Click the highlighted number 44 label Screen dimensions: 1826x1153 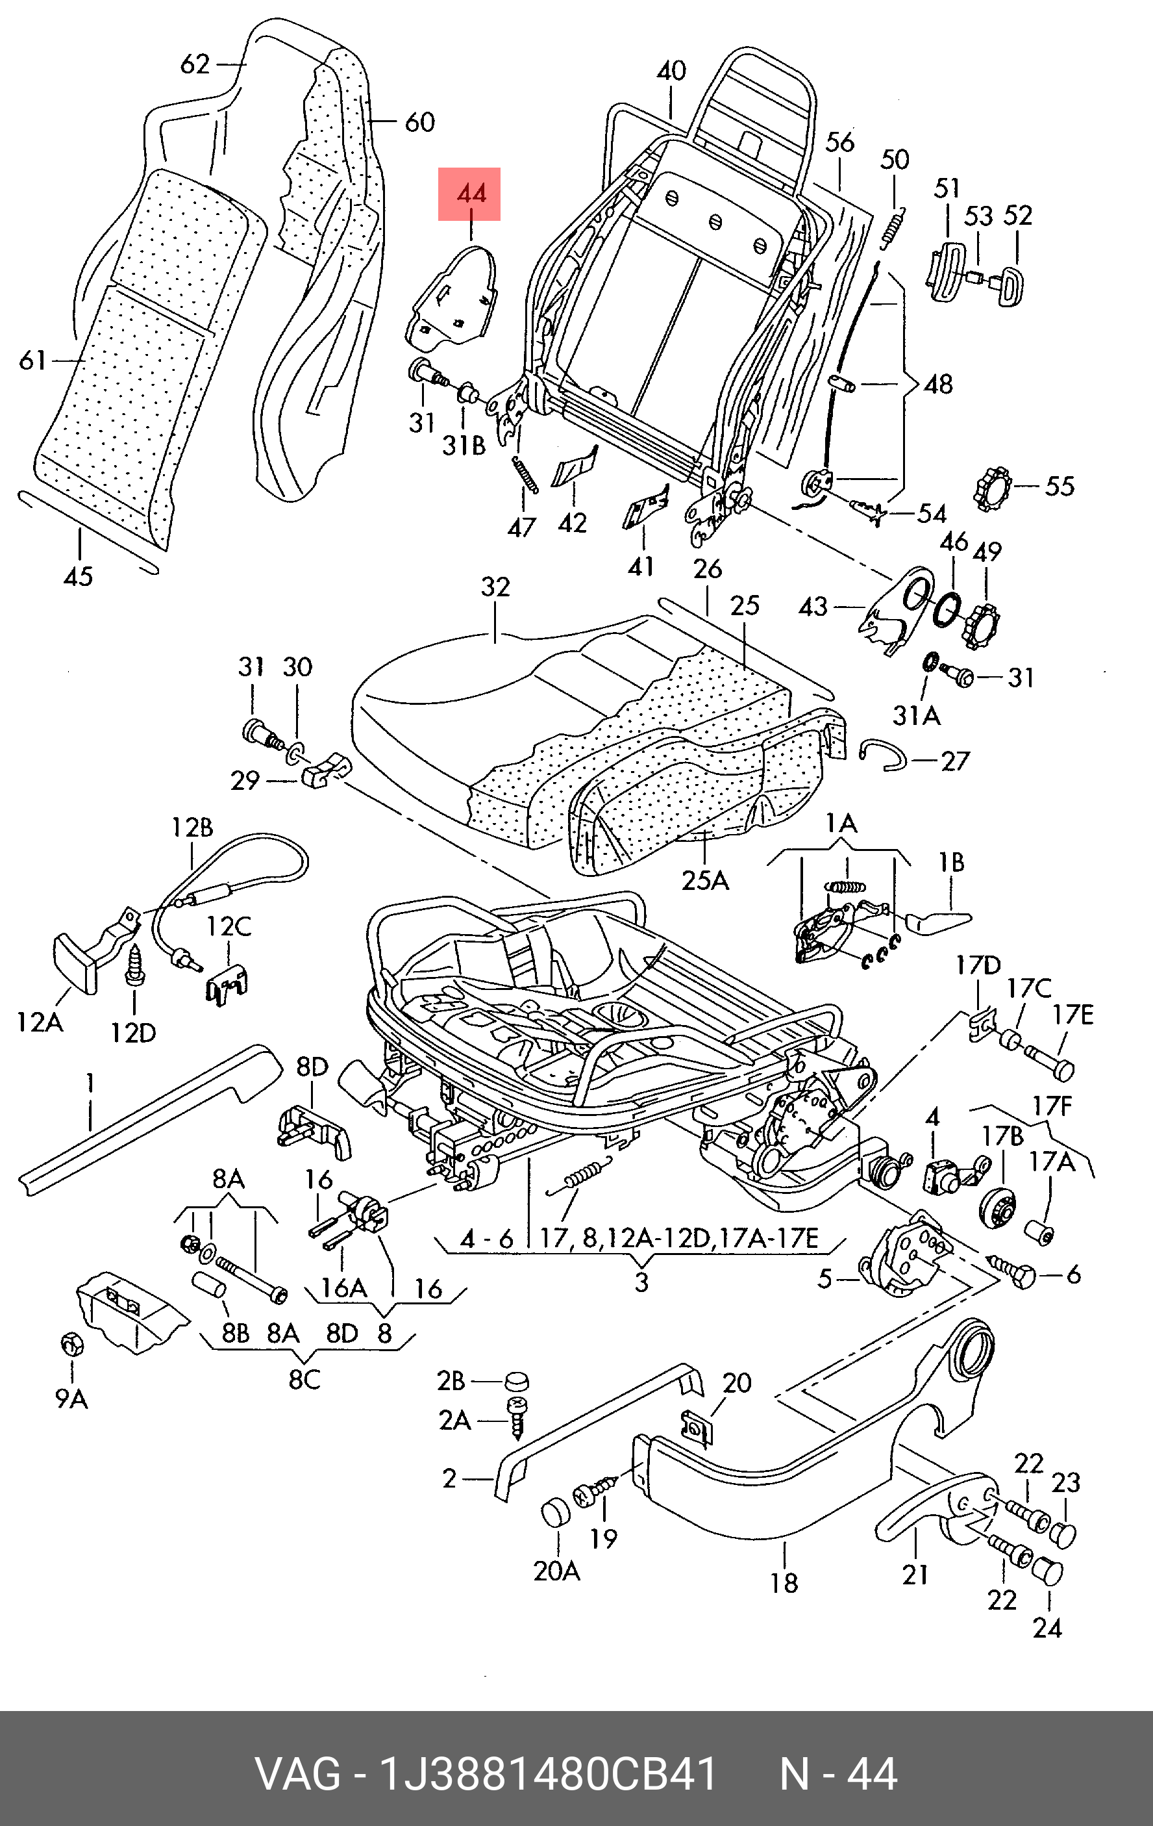click(469, 194)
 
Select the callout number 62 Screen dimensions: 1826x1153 click(194, 64)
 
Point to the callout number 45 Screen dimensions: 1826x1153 click(78, 576)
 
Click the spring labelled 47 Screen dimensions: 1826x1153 click(525, 476)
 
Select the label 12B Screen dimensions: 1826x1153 click(191, 828)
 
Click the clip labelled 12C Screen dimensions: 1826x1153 click(226, 987)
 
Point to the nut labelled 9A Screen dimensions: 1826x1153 click(73, 1345)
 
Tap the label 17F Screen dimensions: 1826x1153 click(1052, 1106)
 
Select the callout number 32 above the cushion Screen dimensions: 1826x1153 click(495, 587)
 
